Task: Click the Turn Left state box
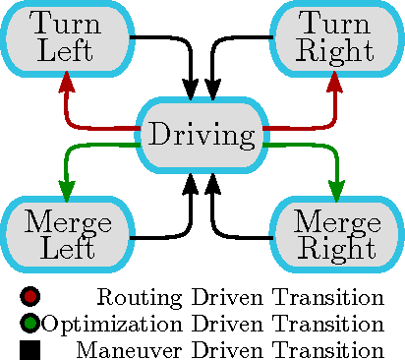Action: click(x=66, y=36)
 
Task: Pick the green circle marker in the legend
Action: click(x=29, y=324)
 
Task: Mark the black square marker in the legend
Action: click(x=29, y=349)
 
